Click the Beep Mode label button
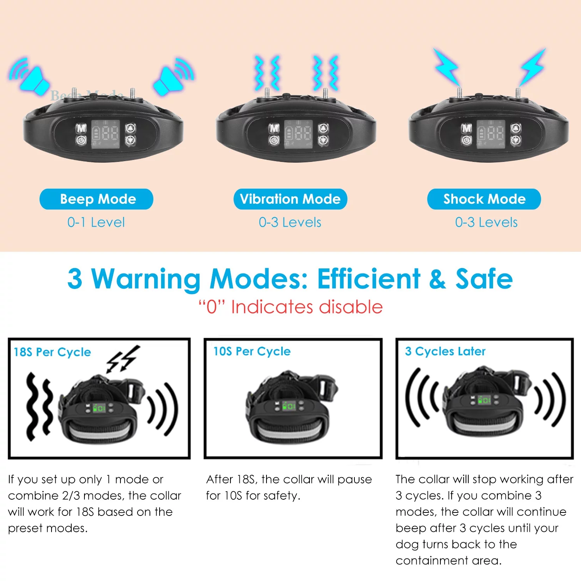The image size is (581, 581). (x=96, y=199)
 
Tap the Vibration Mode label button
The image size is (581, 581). (x=290, y=199)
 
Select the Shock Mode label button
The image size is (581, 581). (x=484, y=199)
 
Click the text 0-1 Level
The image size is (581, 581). (x=96, y=222)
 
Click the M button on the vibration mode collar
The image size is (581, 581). (x=274, y=128)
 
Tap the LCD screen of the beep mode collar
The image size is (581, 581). (x=105, y=134)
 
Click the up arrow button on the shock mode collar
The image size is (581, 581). (x=516, y=128)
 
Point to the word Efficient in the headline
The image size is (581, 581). (x=368, y=279)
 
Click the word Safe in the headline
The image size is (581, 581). (x=484, y=279)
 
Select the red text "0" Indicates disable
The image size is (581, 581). (x=290, y=307)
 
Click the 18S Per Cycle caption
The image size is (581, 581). (x=52, y=352)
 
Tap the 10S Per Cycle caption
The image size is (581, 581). (x=252, y=351)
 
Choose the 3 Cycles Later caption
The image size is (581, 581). (x=445, y=351)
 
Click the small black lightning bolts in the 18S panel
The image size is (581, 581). (x=123, y=359)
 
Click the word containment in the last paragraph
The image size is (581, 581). (x=426, y=560)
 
